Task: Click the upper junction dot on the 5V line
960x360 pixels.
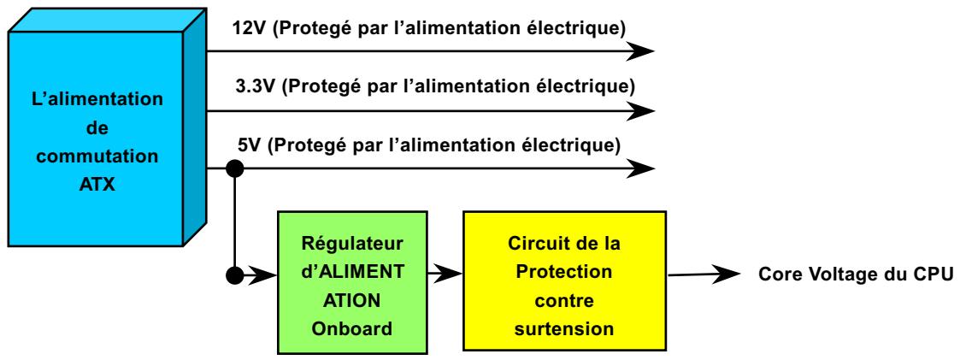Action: click(233, 168)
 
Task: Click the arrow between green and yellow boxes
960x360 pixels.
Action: click(445, 275)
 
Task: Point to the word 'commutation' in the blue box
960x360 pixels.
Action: click(103, 157)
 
